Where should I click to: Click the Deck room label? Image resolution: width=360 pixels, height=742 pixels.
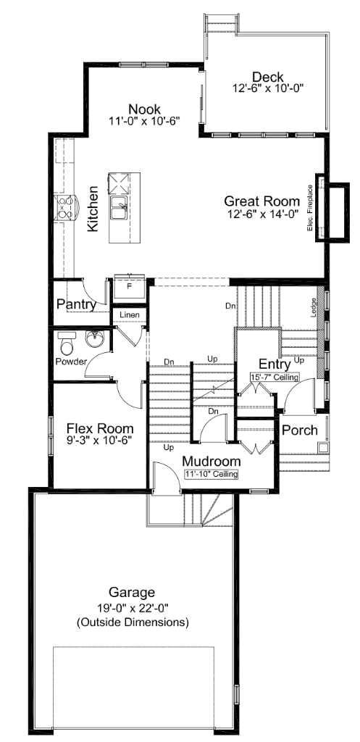coord(267,78)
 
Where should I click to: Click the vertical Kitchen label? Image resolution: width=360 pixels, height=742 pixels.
coord(93,209)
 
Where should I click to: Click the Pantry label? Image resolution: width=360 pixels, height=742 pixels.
coord(77,304)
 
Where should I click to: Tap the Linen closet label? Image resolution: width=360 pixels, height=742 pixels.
coord(130,315)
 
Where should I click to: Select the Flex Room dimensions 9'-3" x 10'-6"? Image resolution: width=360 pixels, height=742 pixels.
coord(100,440)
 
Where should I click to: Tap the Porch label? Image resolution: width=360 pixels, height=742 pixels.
coord(299,430)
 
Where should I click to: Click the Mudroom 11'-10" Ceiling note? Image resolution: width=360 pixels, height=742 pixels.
coord(211,474)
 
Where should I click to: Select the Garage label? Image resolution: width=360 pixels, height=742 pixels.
coord(132,592)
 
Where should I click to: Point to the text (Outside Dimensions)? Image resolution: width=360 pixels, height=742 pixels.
coord(133,622)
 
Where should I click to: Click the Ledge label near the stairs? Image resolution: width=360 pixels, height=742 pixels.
coord(313,307)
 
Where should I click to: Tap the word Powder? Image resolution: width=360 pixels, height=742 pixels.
coord(71,361)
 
